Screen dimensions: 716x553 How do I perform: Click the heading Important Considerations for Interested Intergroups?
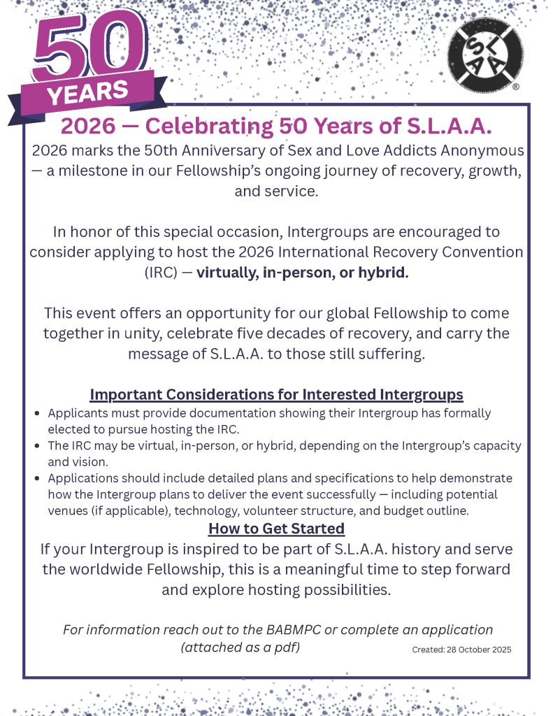276,395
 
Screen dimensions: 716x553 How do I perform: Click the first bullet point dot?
37,414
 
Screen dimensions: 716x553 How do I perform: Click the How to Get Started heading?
276,528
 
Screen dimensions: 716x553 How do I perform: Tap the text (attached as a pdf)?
240,647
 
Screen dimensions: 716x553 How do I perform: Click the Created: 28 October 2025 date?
461,650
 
